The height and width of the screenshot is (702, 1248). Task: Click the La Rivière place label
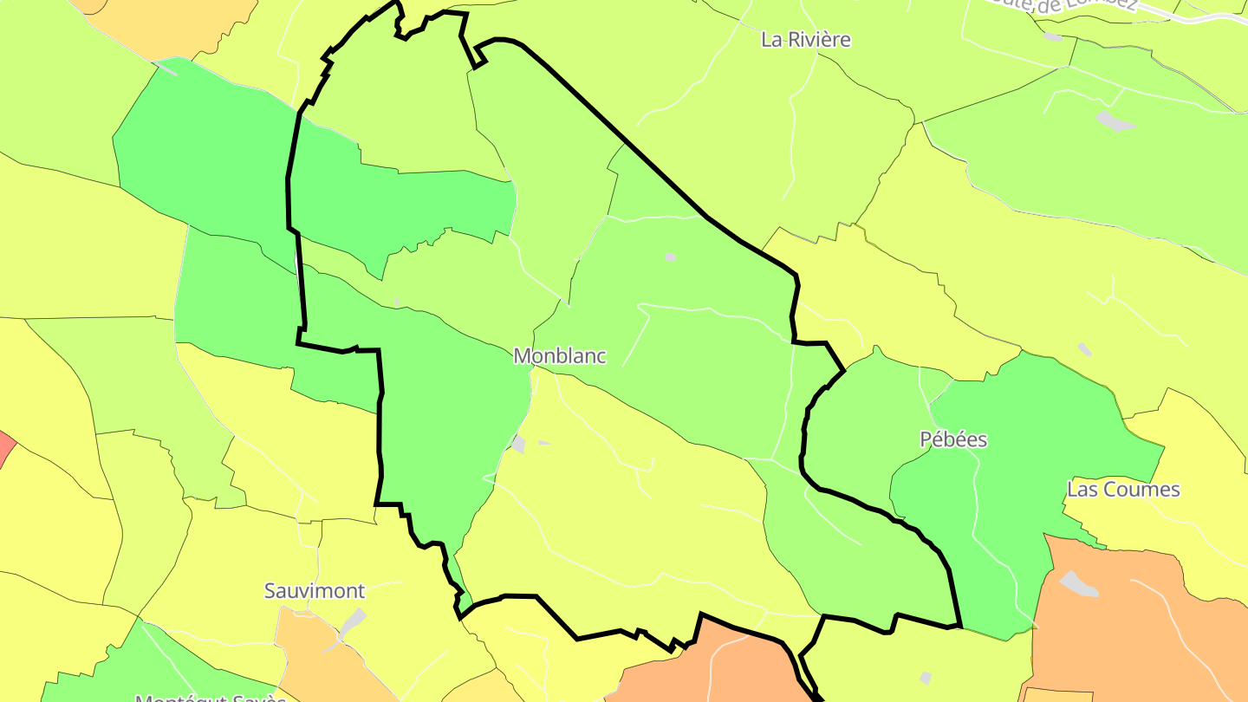pos(805,40)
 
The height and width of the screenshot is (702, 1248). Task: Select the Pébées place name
pos(953,439)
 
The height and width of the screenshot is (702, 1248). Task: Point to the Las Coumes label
pos(1123,490)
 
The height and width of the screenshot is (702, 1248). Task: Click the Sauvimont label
pos(315,591)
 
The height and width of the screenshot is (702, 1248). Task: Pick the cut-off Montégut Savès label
pos(211,697)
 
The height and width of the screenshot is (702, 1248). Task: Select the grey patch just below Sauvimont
pos(353,621)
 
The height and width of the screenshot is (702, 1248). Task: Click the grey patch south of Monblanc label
pos(519,444)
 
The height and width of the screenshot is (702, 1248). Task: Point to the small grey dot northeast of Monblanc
pos(670,257)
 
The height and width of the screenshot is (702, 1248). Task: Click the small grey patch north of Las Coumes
pos(1085,348)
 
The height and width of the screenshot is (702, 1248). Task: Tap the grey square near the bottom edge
pos(926,677)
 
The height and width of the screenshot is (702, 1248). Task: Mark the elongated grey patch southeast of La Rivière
pos(1115,121)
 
